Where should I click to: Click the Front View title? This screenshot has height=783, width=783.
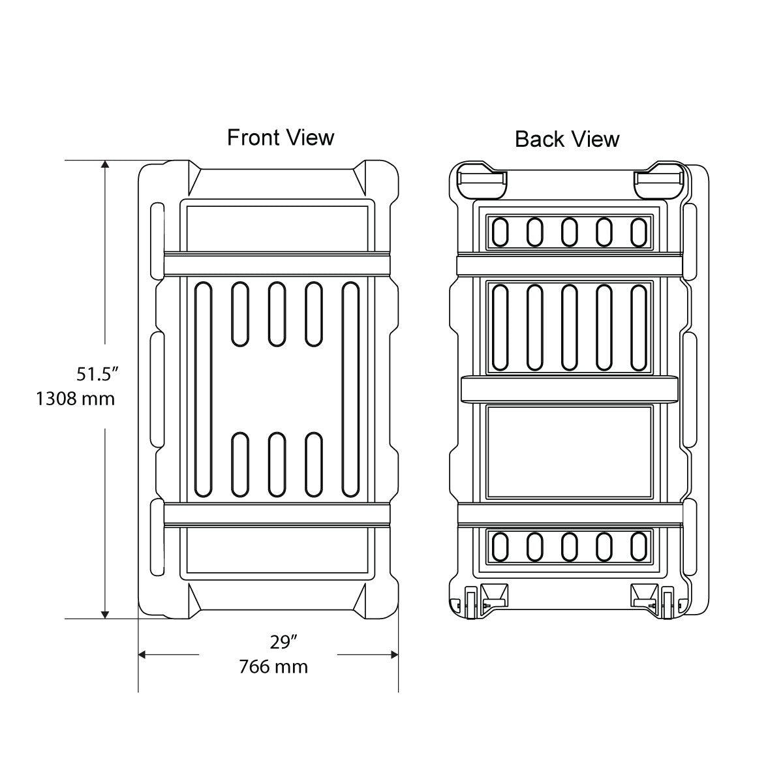tap(281, 138)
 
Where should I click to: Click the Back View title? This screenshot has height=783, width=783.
tap(567, 139)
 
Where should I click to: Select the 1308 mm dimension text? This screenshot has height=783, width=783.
tap(76, 398)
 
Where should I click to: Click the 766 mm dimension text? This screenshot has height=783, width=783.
tap(273, 667)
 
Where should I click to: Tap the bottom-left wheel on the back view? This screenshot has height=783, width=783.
tap(470, 602)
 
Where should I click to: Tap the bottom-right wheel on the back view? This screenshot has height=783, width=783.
tap(668, 602)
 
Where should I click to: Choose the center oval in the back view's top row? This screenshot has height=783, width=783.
tap(569, 232)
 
